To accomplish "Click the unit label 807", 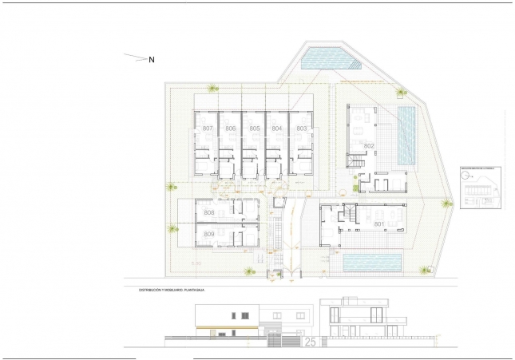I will [x=208, y=129].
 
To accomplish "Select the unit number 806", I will [x=231, y=129].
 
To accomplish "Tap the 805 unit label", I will [x=254, y=129].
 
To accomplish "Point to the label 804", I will [x=277, y=129].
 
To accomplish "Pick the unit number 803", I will [x=301, y=129].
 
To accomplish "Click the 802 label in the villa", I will [x=369, y=146].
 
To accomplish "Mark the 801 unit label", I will [x=378, y=224].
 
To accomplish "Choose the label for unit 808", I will [x=208, y=213].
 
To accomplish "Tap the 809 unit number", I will [x=208, y=234].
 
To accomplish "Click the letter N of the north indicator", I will [x=152, y=59].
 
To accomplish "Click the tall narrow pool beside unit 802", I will [x=406, y=136].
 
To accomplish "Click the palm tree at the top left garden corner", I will [x=212, y=88].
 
